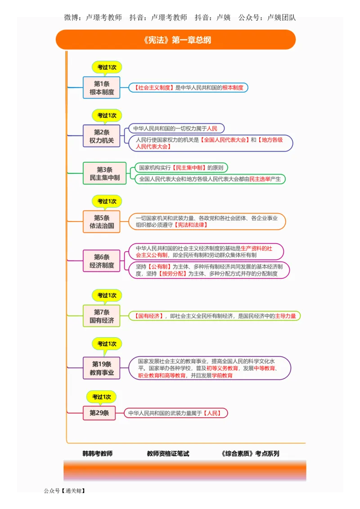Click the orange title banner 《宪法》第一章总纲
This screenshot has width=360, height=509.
pyautogui.click(x=175, y=40)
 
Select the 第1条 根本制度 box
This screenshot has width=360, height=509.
pyautogui.click(x=102, y=88)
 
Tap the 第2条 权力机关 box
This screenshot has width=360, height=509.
pyautogui.click(x=102, y=136)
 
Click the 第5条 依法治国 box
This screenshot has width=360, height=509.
pyautogui.click(x=102, y=222)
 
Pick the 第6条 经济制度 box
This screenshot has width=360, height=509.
pyautogui.click(x=102, y=261)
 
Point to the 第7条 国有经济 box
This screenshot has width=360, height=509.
pyautogui.click(x=102, y=316)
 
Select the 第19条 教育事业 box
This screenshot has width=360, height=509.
pyautogui.click(x=102, y=368)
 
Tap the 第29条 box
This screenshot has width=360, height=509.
pyautogui.click(x=99, y=413)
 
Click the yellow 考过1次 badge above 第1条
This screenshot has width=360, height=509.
pyautogui.click(x=107, y=67)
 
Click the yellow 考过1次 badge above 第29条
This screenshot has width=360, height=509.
pyautogui.click(x=101, y=397)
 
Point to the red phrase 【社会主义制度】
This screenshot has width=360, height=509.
pyautogui.click(x=154, y=88)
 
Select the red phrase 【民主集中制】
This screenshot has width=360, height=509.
pyautogui.click(x=189, y=168)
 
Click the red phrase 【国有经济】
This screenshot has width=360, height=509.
pyautogui.click(x=148, y=316)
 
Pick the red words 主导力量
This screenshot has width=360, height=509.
pyautogui.click(x=285, y=316)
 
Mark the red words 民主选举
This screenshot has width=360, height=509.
pyautogui.click(x=260, y=179)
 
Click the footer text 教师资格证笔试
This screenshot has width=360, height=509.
pyautogui.click(x=168, y=454)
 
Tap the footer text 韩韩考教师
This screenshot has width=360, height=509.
pyautogui.click(x=97, y=454)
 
